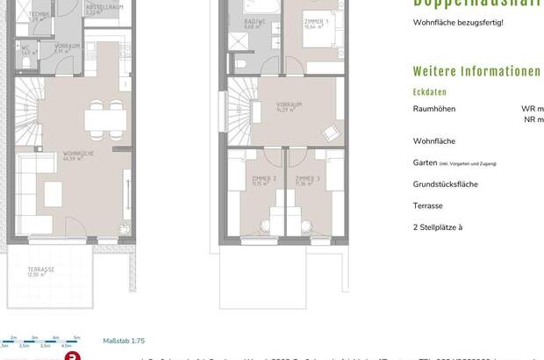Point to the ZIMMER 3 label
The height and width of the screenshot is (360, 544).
(x=306, y=180)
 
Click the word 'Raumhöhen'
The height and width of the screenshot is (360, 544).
(x=434, y=109)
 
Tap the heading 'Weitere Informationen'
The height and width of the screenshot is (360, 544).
(x=476, y=72)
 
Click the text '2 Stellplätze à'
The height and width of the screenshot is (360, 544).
(x=438, y=227)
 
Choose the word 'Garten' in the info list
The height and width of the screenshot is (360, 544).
(x=425, y=162)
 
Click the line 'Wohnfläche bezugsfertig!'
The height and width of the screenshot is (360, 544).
(x=458, y=21)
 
